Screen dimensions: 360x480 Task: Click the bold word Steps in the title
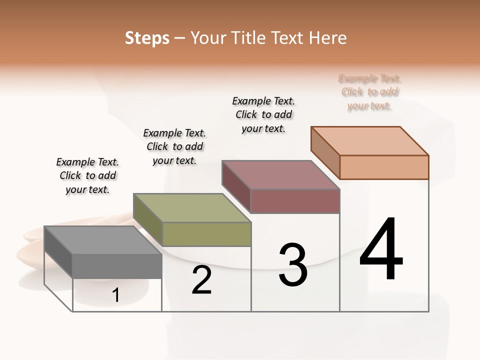[147, 38]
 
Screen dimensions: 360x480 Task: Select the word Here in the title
[328, 38]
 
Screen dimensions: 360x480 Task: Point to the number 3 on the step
[293, 265]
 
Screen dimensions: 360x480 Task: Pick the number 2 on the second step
[201, 280]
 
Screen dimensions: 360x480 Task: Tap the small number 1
[116, 295]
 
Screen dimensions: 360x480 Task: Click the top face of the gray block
[102, 240]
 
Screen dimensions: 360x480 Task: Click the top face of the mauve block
[280, 175]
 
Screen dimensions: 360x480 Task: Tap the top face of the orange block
[369, 141]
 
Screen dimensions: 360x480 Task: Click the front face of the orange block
[384, 167]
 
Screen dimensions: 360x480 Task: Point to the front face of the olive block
[206, 234]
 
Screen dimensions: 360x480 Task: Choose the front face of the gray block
[117, 266]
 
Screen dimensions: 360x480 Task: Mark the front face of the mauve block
[295, 201]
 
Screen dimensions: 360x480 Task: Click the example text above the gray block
[87, 176]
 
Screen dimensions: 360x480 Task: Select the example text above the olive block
[174, 146]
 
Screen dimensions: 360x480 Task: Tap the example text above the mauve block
[263, 114]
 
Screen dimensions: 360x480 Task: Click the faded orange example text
[369, 92]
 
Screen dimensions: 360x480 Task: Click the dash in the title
[179, 38]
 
